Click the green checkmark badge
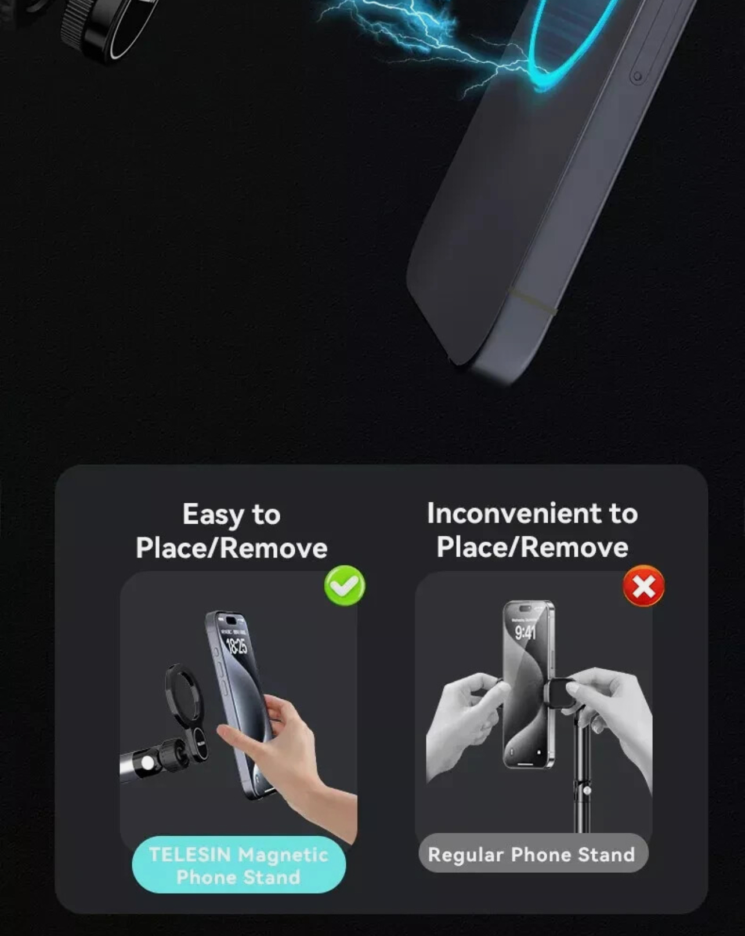345,585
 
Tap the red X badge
644,586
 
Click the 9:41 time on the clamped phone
526,633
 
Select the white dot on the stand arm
147,762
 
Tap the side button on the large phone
636,77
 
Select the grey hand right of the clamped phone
614,718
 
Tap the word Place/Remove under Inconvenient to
532,547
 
